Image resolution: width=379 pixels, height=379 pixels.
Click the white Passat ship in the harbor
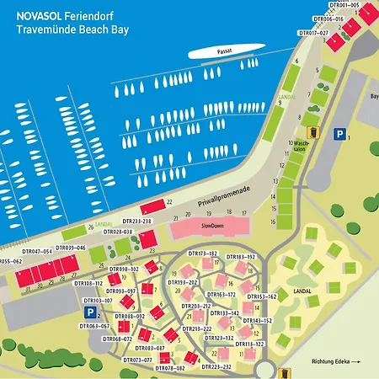[222, 52]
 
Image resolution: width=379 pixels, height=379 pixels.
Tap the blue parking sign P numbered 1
[339, 133]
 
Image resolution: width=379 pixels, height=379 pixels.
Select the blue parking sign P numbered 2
[89, 312]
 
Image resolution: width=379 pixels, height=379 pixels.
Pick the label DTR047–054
[36, 252]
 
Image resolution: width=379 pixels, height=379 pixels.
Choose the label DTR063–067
[94, 326]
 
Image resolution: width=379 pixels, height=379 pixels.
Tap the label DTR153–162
[262, 296]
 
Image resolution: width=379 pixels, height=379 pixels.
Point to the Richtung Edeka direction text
[334, 362]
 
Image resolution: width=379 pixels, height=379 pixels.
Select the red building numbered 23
[147, 240]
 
